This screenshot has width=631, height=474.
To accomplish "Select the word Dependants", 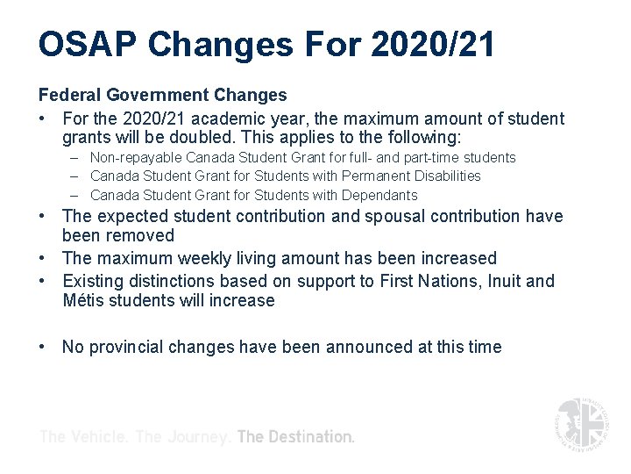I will [x=377, y=195].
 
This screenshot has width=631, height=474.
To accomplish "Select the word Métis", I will [x=85, y=301].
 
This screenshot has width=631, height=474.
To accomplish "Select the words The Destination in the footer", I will [x=296, y=436].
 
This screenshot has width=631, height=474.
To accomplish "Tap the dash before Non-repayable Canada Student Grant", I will [x=76, y=158].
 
